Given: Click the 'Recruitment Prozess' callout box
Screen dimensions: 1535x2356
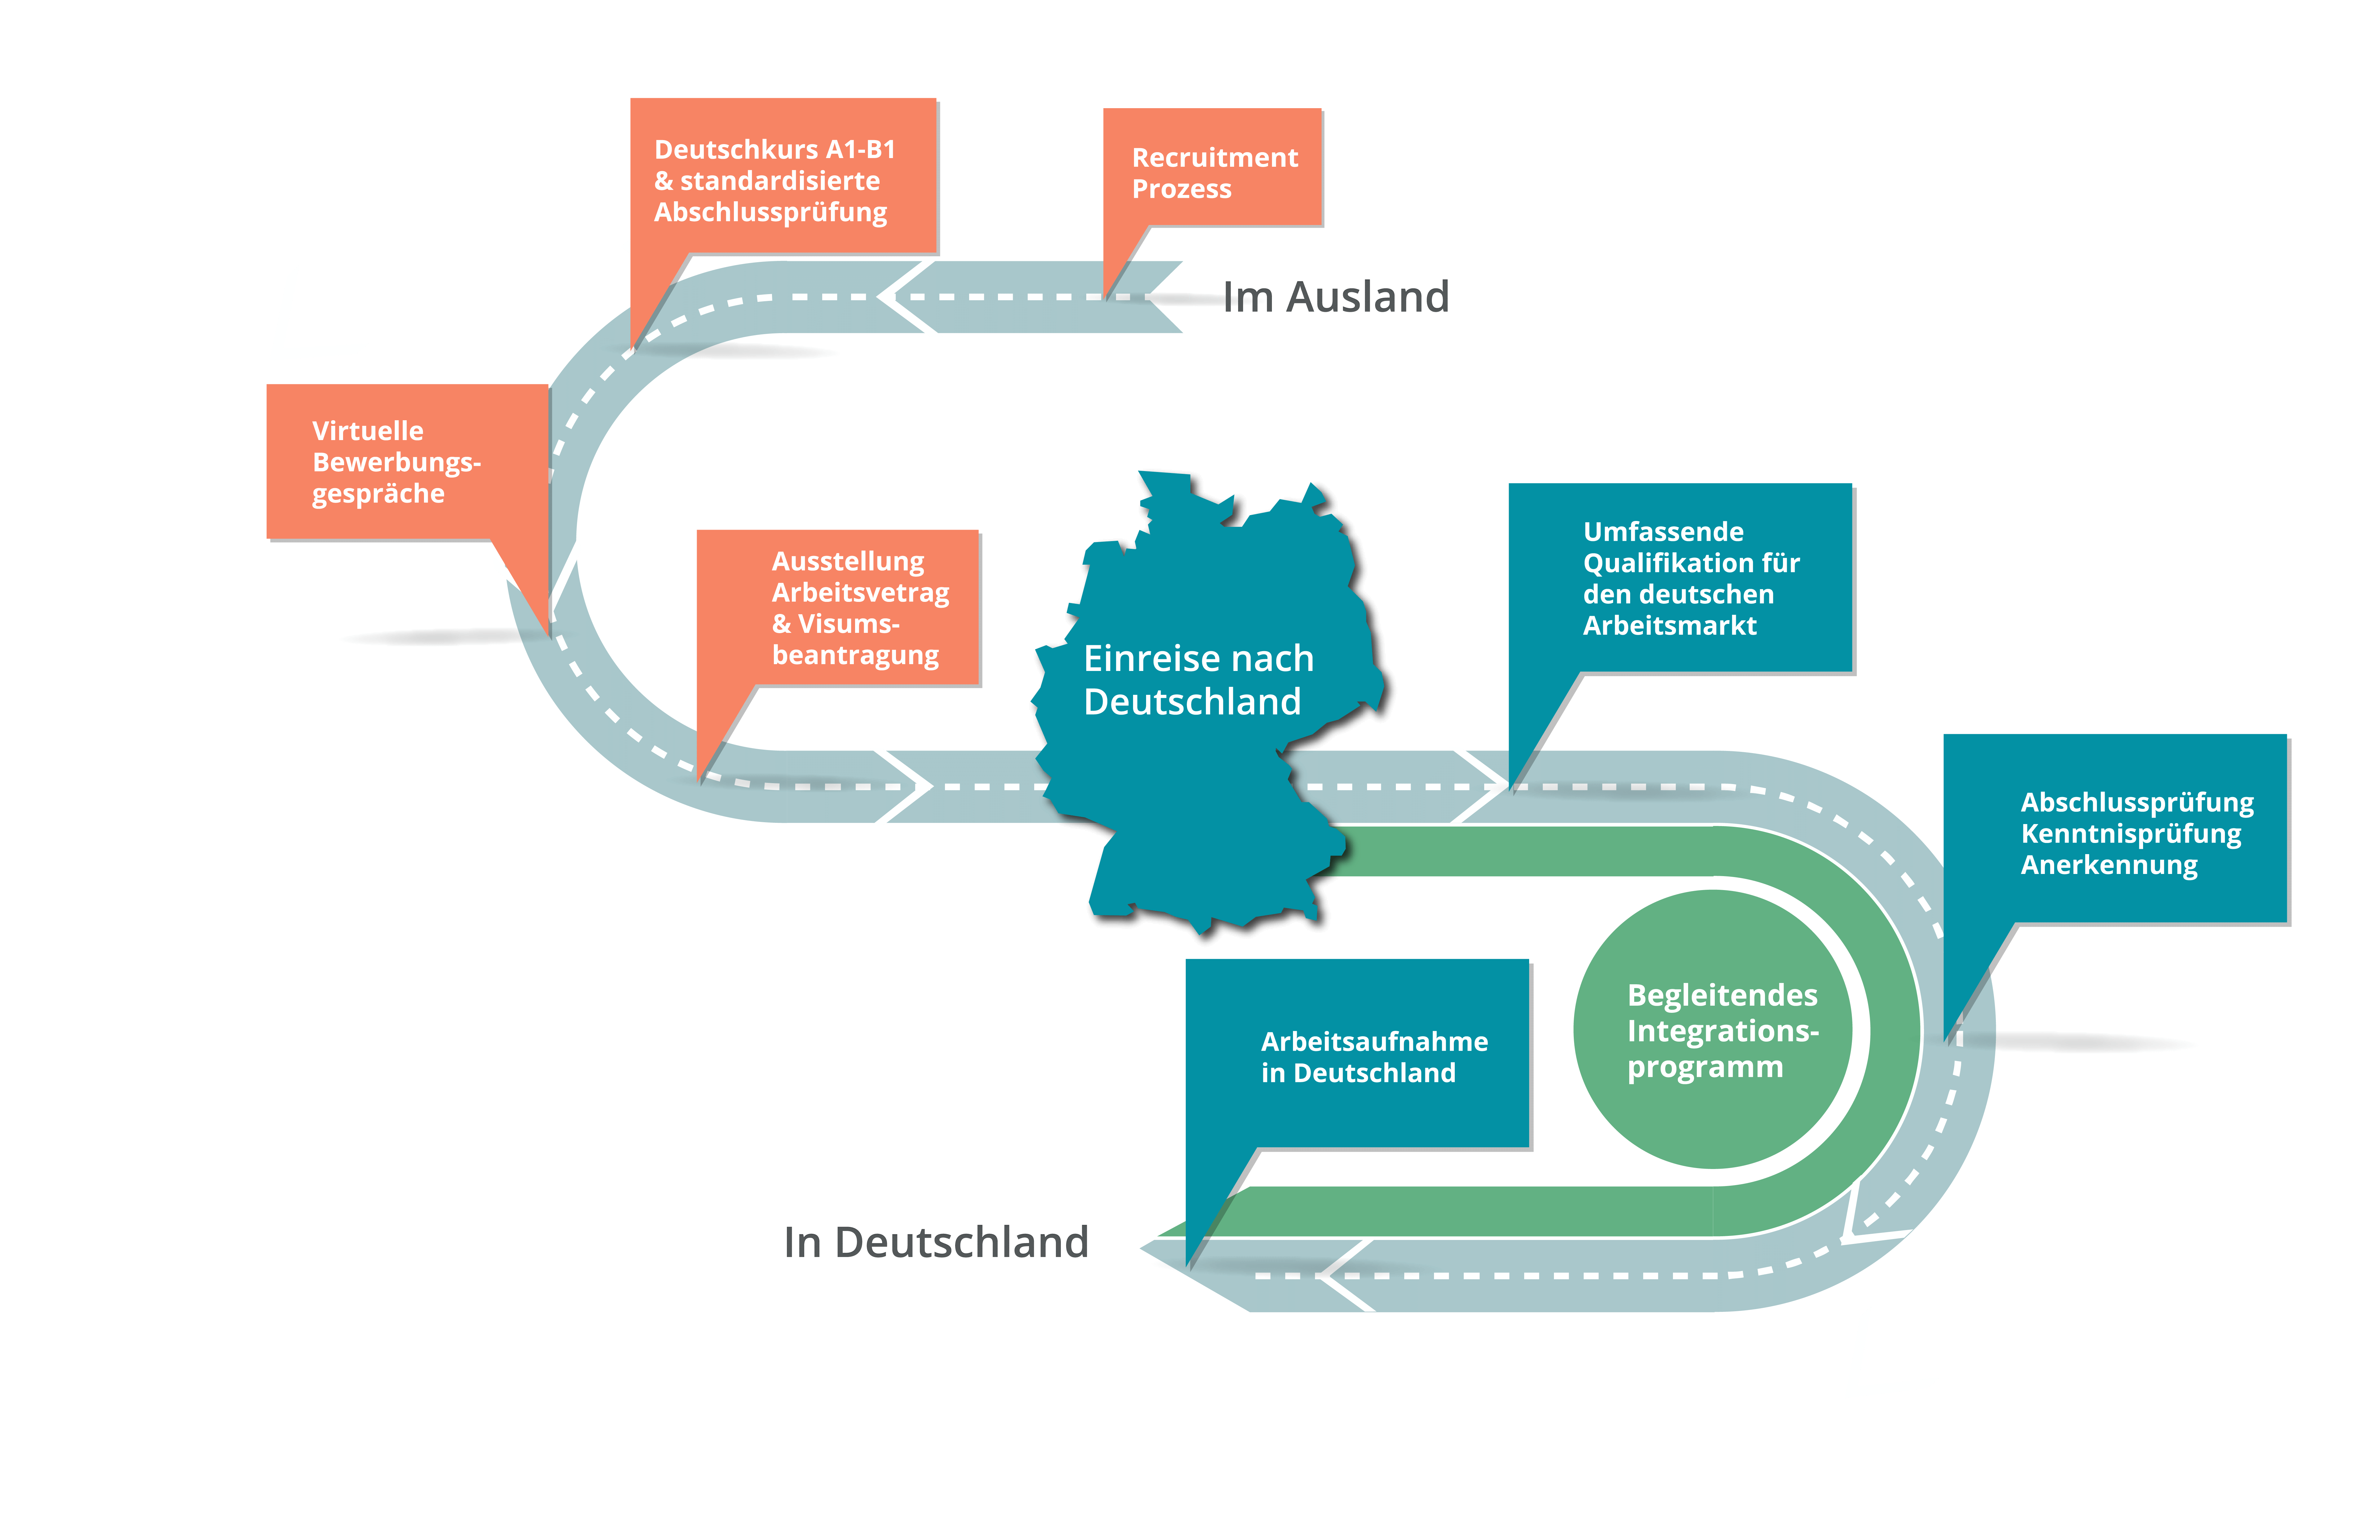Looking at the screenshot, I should click(1213, 168).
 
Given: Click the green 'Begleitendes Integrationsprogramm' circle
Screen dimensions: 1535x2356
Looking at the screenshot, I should click(1713, 1029).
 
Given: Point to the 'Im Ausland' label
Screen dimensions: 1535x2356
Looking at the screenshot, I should click(1336, 297).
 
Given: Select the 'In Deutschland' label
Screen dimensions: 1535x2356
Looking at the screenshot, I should click(935, 1242).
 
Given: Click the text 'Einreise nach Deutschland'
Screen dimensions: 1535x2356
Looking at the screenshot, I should click(1198, 680).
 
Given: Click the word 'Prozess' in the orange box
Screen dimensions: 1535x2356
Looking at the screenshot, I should click(1182, 189).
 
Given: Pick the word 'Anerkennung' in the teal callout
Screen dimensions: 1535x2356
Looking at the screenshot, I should click(2108, 865).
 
